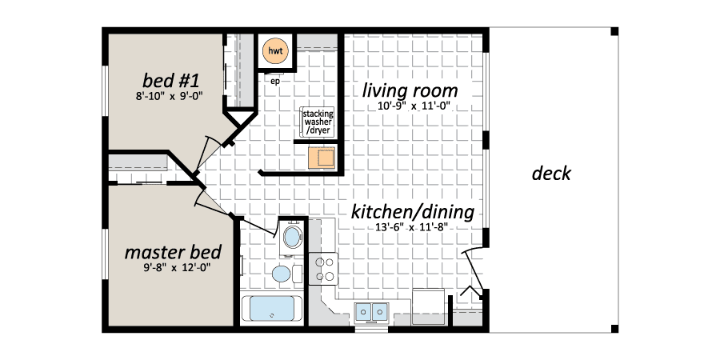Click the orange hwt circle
point(275,50)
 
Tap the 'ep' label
point(275,82)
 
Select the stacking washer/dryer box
point(318,122)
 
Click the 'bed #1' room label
point(171,81)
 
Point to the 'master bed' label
point(173,252)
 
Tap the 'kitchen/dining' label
point(412,212)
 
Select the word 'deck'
point(551,174)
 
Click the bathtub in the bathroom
point(271,309)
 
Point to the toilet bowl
point(281,274)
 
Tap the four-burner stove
point(323,269)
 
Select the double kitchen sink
point(371,312)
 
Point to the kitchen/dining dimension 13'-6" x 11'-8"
point(412,227)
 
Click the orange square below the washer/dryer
point(322,158)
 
